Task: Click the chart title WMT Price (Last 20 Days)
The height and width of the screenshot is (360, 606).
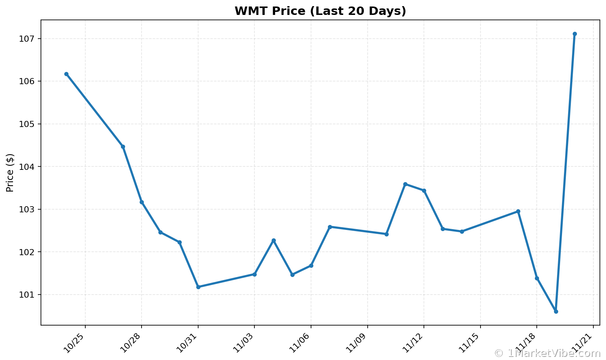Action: (320, 11)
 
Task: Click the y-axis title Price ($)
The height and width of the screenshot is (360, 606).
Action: (10, 173)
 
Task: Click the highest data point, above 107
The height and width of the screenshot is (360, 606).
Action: (575, 34)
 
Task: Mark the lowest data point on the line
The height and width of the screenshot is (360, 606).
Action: (556, 311)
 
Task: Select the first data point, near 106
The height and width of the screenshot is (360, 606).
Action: (66, 74)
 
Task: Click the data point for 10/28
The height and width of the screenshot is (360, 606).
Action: (142, 202)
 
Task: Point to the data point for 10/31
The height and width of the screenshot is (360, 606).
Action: (198, 287)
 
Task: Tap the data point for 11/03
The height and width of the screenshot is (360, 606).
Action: (254, 274)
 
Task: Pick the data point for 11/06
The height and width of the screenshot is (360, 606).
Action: (311, 266)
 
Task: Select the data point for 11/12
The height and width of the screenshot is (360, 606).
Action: (424, 191)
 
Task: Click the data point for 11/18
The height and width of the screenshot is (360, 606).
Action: (537, 278)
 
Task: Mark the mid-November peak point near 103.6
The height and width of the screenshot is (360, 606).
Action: (405, 184)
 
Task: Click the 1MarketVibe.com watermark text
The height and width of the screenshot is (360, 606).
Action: (547, 353)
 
